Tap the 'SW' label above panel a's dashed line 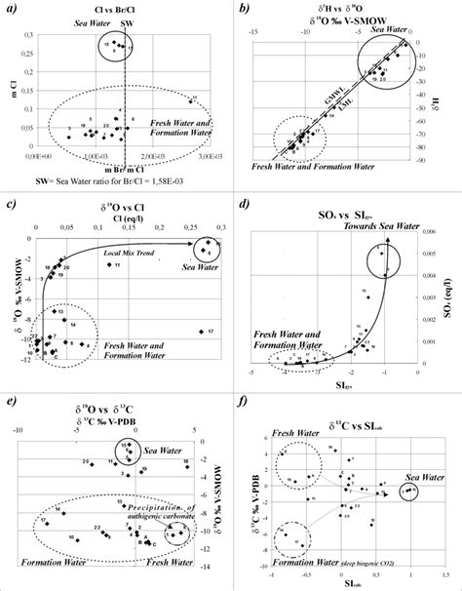pos(128,20)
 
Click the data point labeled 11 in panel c pos(108,264)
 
